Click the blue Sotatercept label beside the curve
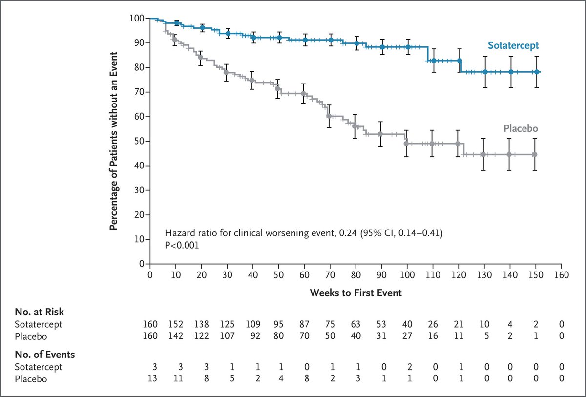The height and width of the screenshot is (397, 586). click(x=513, y=45)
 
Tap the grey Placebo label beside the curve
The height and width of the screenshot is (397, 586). click(x=521, y=128)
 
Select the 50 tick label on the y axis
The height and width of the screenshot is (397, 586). click(x=139, y=141)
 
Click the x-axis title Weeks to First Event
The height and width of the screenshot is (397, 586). click(x=355, y=293)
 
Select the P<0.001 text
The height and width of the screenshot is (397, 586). click(x=182, y=245)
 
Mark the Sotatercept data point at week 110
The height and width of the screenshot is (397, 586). click(x=433, y=61)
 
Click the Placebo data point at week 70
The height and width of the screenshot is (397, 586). click(x=329, y=116)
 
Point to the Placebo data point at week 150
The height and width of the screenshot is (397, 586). click(x=535, y=154)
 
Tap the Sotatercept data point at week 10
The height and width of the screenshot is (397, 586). click(x=177, y=23)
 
